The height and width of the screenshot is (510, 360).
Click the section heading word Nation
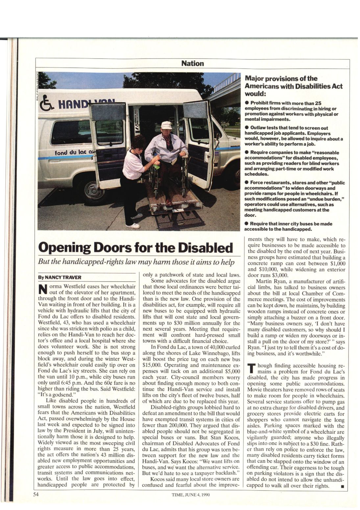coord(193,63)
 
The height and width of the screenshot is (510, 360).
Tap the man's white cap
coord(166,125)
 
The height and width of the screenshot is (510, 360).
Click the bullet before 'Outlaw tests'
coord(247,128)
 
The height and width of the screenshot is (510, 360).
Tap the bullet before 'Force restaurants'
coord(247,182)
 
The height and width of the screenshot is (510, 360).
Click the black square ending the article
coord(343,486)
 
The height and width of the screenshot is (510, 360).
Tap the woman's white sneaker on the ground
coord(133,226)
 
